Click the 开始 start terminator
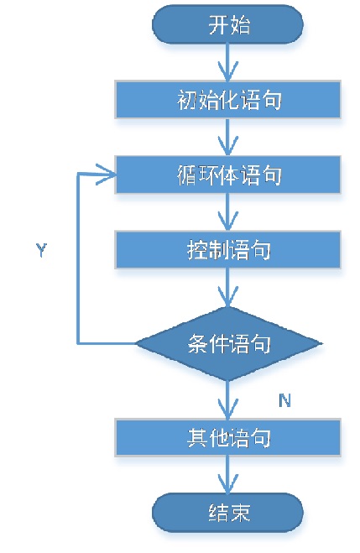227,24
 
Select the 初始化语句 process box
227,100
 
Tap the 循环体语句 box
227,175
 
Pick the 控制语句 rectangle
227,250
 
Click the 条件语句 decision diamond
228,343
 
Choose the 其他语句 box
227,437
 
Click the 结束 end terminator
227,513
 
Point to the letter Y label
42,250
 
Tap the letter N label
284,400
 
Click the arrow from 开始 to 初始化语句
227,62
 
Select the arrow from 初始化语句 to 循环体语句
227,137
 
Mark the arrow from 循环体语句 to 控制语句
227,212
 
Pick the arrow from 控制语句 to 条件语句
227,287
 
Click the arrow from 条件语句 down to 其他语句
227,399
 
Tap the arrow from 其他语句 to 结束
227,475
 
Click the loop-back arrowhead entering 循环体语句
106,174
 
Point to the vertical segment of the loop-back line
78,258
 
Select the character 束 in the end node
240,513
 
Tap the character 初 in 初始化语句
187,100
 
